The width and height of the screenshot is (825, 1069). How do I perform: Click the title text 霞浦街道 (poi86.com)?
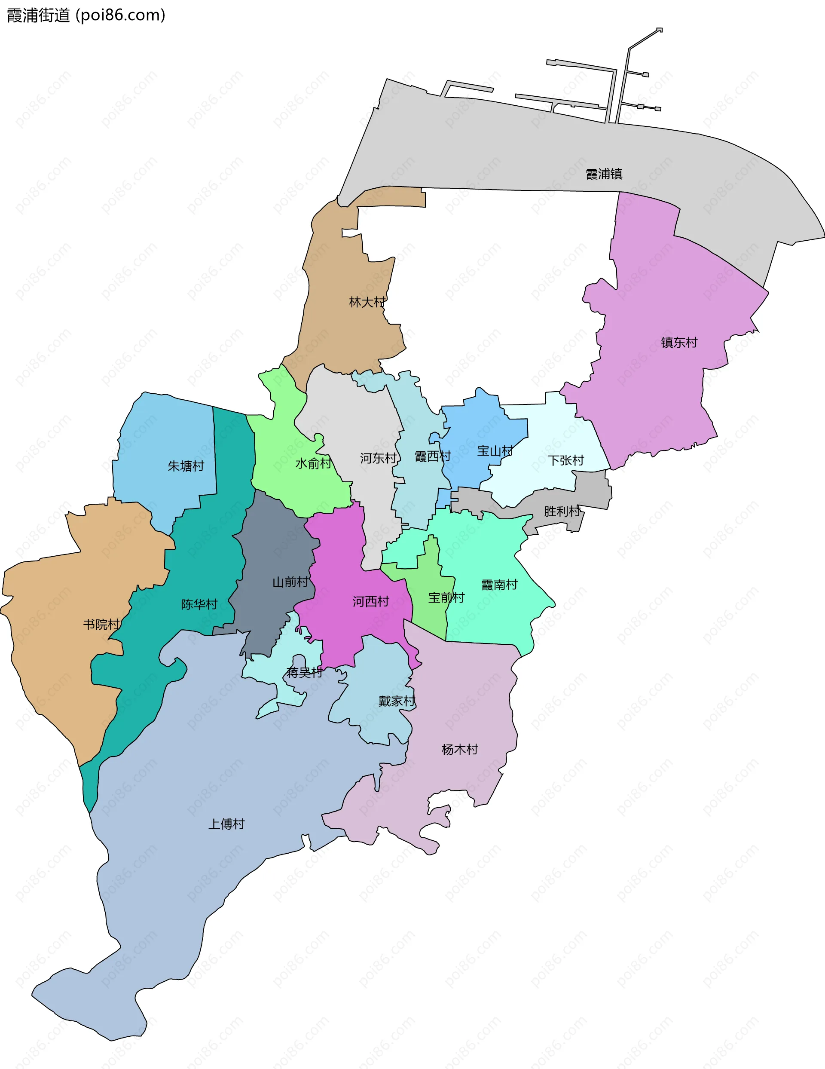pyautogui.click(x=86, y=15)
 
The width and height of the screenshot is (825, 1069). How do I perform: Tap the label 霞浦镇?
pyautogui.click(x=604, y=174)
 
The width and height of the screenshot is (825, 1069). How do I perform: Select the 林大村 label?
pyautogui.click(x=367, y=302)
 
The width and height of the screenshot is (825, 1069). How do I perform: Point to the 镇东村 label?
pyautogui.click(x=679, y=342)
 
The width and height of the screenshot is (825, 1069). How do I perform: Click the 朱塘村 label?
pyautogui.click(x=186, y=466)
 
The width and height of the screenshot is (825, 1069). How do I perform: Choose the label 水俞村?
pyautogui.click(x=313, y=463)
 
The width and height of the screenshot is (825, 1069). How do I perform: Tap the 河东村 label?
pyautogui.click(x=378, y=458)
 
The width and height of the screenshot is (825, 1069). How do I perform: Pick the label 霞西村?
pyautogui.click(x=433, y=456)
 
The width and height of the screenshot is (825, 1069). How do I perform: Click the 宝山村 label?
pyautogui.click(x=495, y=451)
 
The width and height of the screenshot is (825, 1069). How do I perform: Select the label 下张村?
pyautogui.click(x=565, y=460)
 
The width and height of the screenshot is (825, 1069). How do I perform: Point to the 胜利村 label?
pyautogui.click(x=562, y=512)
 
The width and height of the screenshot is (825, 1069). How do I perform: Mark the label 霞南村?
pyautogui.click(x=499, y=585)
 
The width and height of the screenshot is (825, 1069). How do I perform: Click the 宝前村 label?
pyautogui.click(x=446, y=597)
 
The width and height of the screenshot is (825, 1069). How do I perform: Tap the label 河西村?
pyautogui.click(x=370, y=602)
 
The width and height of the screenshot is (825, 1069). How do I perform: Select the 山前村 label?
pyautogui.click(x=290, y=582)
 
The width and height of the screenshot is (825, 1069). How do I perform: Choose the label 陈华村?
pyautogui.click(x=199, y=604)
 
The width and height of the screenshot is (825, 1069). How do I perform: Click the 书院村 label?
pyautogui.click(x=101, y=625)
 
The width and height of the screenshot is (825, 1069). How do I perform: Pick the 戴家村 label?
pyautogui.click(x=396, y=701)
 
